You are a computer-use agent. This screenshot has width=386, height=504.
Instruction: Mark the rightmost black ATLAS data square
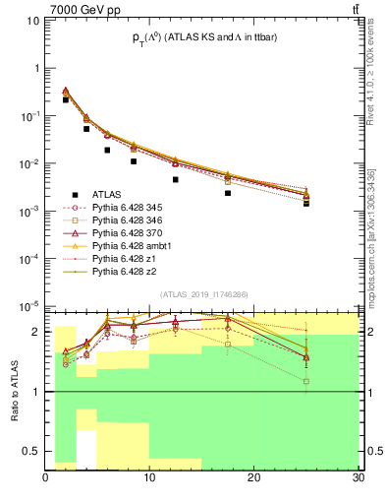(x=305, y=203)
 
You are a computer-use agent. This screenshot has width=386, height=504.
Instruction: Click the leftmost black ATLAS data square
(x=66, y=99)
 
